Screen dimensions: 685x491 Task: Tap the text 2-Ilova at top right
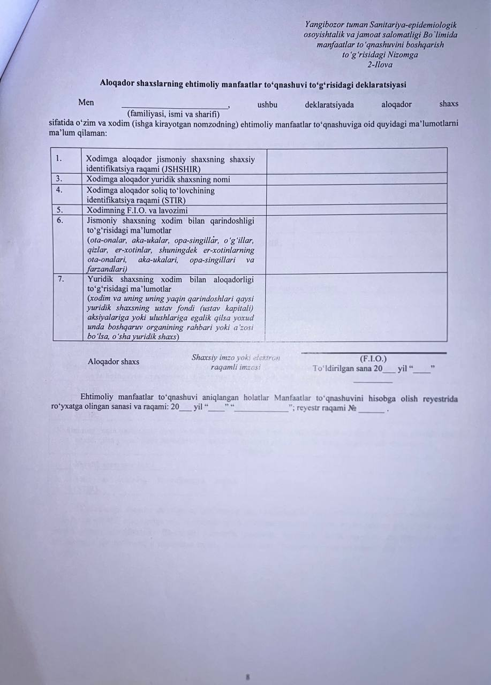[x=380, y=65]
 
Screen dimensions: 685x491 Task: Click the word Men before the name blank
[x=86, y=102]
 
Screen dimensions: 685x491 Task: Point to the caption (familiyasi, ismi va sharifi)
[x=173, y=113]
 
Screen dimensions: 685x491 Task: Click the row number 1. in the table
[x=59, y=158]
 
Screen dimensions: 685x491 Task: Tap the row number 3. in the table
[x=59, y=179]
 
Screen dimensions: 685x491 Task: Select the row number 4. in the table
[x=59, y=189]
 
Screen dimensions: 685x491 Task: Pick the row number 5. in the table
[x=59, y=210]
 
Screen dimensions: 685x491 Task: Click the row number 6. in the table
[x=59, y=220]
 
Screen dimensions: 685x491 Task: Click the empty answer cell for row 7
[x=356, y=307]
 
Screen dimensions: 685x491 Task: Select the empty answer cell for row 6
[x=356, y=243]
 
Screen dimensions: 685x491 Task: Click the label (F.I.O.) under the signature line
[x=373, y=359]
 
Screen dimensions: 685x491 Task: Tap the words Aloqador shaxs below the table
[x=114, y=362]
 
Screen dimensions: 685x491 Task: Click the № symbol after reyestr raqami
[x=352, y=409]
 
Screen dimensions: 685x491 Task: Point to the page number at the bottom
[x=248, y=677]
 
